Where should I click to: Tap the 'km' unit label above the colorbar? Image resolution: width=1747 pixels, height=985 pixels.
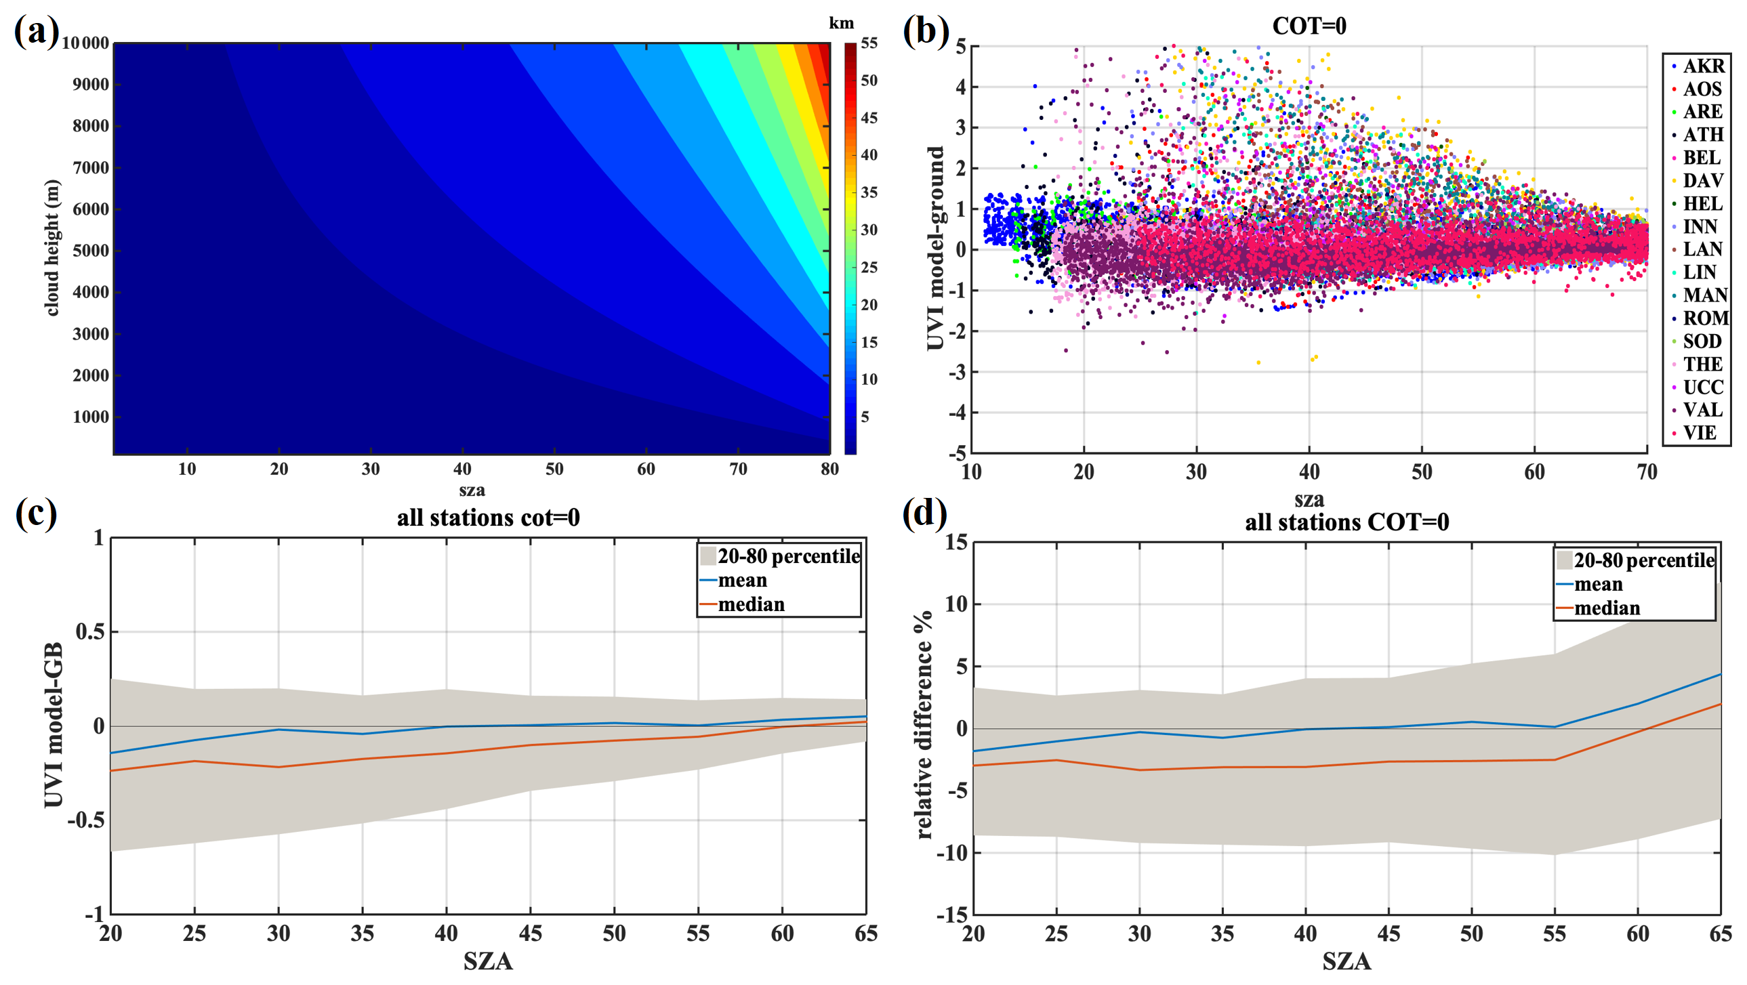tap(841, 23)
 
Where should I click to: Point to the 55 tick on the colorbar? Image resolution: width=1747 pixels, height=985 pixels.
tap(869, 43)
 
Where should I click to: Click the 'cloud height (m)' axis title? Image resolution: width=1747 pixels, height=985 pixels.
tap(52, 248)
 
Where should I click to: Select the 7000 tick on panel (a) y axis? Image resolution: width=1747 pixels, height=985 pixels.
tap(91, 167)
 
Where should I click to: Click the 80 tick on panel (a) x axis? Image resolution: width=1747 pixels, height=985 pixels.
tap(829, 469)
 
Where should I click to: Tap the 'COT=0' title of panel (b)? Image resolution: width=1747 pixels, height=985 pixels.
tap(1309, 26)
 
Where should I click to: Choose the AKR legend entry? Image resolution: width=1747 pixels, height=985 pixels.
tap(1703, 66)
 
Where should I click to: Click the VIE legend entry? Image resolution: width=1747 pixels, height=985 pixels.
tap(1700, 432)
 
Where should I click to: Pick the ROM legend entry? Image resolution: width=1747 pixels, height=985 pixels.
tap(1705, 318)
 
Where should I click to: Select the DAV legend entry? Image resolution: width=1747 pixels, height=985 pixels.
tap(1703, 180)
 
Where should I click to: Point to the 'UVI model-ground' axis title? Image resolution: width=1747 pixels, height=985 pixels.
tap(936, 248)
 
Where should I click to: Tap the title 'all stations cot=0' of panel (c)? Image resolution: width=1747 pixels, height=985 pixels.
tap(488, 518)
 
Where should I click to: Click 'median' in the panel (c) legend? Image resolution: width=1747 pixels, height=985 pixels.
tap(751, 604)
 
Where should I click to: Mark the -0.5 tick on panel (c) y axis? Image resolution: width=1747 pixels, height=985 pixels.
tap(85, 820)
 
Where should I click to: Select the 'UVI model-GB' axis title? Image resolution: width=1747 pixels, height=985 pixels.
tap(54, 726)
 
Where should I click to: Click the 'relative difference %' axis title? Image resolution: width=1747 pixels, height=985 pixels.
tap(924, 726)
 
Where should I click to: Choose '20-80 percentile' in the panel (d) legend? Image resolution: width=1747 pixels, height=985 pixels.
tap(1644, 560)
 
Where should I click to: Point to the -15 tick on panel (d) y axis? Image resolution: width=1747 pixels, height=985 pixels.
tap(952, 915)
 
